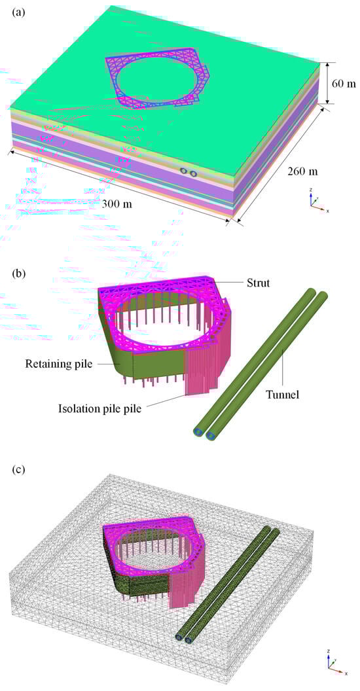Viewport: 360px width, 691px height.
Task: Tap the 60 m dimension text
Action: click(x=343, y=83)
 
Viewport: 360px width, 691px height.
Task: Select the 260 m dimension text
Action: click(x=302, y=171)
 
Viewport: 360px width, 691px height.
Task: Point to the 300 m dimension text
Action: click(x=117, y=204)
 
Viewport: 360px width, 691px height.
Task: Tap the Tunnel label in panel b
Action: click(x=283, y=395)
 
